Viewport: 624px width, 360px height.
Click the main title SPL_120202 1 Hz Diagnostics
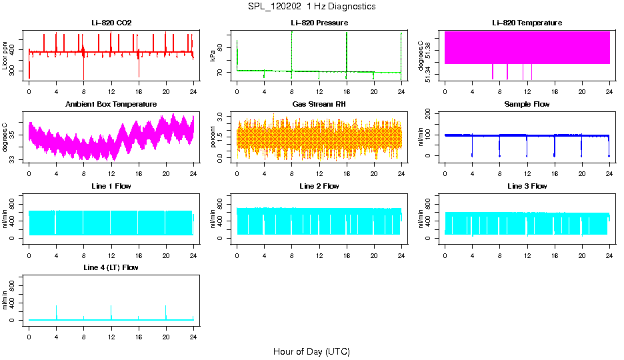[311, 7]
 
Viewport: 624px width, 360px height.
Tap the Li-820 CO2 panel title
[111, 23]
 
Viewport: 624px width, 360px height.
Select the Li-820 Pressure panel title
[319, 23]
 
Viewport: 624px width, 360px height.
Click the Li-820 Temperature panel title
[527, 23]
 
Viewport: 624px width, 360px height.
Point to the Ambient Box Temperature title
[111, 105]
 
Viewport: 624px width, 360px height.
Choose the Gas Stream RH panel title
[319, 105]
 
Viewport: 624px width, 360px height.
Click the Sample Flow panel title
[527, 105]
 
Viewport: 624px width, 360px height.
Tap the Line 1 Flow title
[111, 186]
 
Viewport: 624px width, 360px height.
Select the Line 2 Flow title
[319, 186]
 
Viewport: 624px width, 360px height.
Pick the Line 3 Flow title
[527, 186]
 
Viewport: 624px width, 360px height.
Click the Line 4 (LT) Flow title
[111, 267]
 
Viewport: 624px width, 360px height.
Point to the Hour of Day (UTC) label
[311, 351]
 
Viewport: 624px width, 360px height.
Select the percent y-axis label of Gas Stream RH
[213, 137]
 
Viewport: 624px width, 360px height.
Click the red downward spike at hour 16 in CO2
[139, 70]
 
